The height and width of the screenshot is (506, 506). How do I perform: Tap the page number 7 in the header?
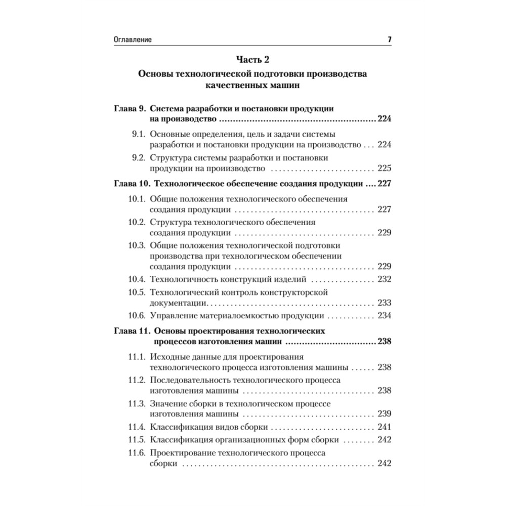pos(390,39)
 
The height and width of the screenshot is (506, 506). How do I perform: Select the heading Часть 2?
pos(252,60)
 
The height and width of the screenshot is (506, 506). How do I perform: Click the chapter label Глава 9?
pos(129,109)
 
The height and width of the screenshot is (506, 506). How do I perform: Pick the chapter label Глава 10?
pos(131,184)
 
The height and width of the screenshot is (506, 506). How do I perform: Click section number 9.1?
pos(138,134)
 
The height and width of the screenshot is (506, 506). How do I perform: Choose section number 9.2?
pos(138,158)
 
